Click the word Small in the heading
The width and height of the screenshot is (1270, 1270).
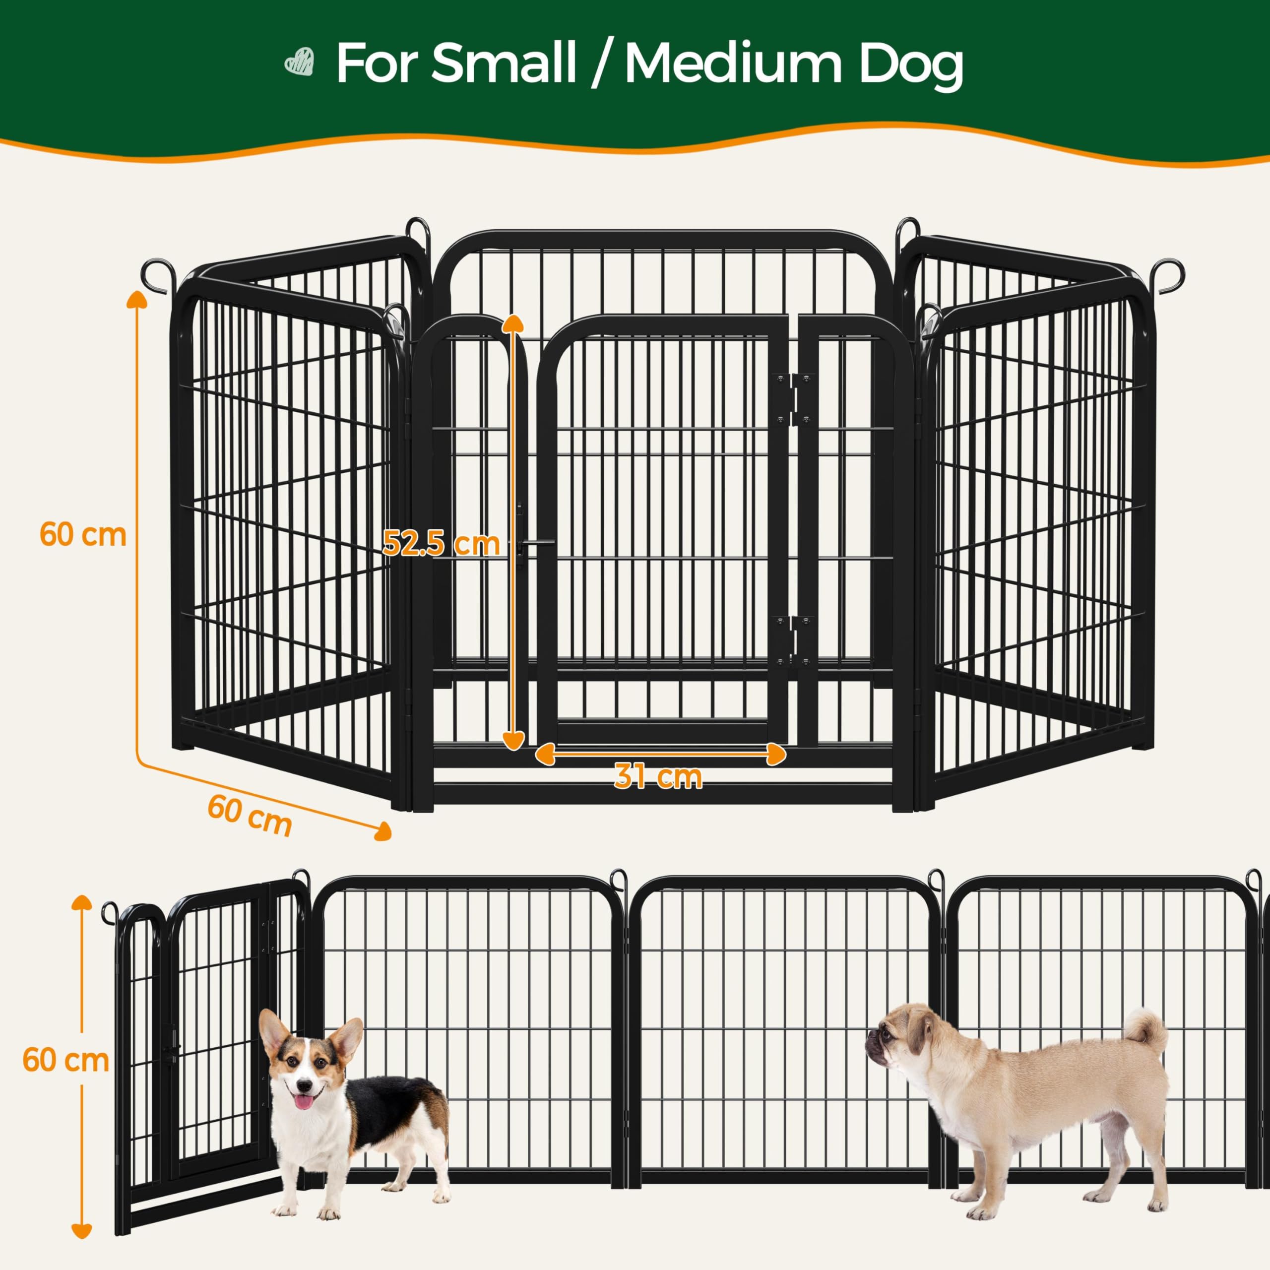tap(503, 64)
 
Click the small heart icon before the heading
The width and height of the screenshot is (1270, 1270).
tap(299, 64)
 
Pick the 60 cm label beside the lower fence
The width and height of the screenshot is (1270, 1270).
tap(66, 1061)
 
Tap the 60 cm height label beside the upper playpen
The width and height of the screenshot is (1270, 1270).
tap(83, 534)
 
